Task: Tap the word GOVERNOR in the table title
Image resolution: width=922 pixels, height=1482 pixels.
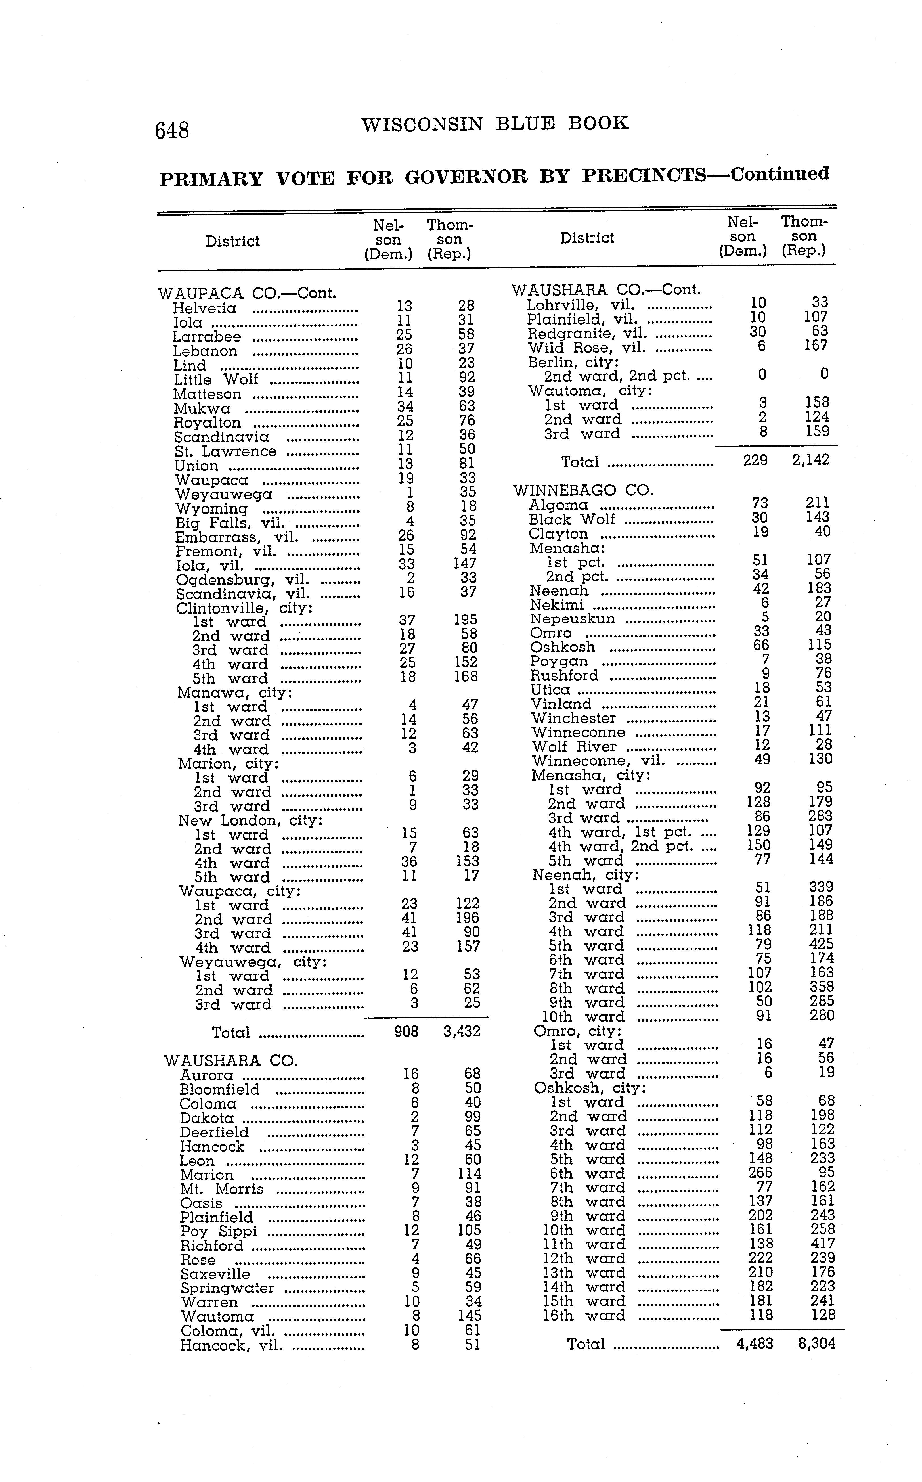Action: (x=466, y=177)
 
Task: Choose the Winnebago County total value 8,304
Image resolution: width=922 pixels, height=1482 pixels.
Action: (x=816, y=1343)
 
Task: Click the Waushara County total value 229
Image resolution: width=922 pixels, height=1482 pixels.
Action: (x=755, y=460)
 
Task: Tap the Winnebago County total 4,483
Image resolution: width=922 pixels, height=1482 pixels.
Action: (x=754, y=1343)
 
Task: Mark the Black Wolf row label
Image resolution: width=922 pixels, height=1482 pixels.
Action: (x=571, y=520)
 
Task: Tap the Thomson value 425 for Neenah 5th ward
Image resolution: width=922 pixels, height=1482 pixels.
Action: (x=821, y=945)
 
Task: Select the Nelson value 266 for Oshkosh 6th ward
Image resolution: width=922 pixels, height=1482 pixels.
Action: (x=760, y=1173)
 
